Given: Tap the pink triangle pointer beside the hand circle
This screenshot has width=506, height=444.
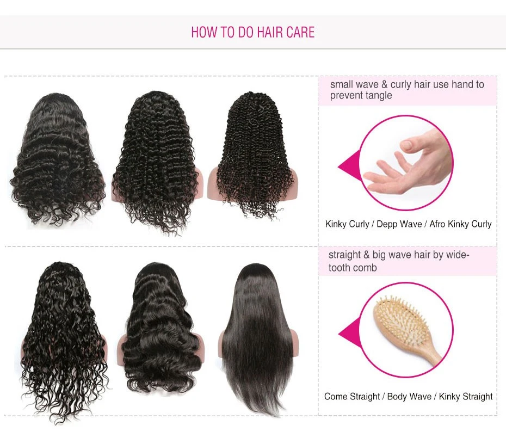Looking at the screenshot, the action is pyautogui.click(x=349, y=165).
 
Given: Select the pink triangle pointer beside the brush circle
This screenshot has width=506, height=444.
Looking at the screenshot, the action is pyautogui.click(x=350, y=334).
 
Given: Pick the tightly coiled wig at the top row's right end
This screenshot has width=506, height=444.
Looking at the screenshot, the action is pyautogui.click(x=252, y=155).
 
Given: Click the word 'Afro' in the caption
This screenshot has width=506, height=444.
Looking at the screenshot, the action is pyautogui.click(x=437, y=224).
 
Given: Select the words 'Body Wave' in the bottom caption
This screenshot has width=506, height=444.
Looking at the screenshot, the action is pyautogui.click(x=409, y=396).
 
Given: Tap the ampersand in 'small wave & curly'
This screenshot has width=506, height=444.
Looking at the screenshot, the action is pyautogui.click(x=384, y=84).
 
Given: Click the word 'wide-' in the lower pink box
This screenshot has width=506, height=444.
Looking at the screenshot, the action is pyautogui.click(x=457, y=255).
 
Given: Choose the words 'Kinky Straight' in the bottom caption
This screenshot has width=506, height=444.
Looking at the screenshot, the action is pyautogui.click(x=466, y=396).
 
